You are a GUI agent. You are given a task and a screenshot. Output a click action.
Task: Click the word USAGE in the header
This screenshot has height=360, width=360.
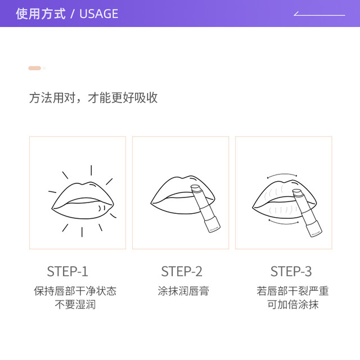coord(99,13)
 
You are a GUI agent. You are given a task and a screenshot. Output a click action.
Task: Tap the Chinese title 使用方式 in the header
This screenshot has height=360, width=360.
coord(40,13)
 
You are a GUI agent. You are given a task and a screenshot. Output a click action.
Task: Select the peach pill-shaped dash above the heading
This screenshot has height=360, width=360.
coord(35,68)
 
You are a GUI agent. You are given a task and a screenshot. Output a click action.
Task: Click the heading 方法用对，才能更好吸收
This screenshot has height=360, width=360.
coord(93,98)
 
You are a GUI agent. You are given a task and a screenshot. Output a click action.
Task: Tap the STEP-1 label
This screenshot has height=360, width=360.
coord(67,271)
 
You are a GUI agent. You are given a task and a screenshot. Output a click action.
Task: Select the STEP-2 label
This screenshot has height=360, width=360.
coord(182,271)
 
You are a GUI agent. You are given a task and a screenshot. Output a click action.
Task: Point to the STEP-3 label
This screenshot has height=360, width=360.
coord(291,271)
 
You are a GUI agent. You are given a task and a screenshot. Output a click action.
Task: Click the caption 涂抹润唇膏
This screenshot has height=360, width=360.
coord(183,291)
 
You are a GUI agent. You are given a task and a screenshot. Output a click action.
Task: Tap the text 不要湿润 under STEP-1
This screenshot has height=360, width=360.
coord(75,304)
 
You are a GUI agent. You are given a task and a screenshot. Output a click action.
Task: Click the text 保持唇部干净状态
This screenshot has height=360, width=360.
coord(75,291)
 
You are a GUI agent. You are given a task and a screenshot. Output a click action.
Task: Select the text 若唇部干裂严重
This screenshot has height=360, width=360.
coord(292,291)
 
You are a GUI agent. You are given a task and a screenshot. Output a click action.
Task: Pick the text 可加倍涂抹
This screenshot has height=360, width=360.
coord(292,304)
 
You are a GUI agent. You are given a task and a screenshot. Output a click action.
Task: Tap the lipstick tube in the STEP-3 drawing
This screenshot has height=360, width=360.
coord(307,213)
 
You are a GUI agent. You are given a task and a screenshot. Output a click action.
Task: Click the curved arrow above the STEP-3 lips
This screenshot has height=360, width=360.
coord(282,174)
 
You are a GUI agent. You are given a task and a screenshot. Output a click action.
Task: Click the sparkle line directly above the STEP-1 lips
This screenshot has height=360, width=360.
coord(91,170)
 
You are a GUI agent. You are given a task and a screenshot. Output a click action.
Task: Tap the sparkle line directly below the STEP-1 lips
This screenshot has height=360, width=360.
coord(82,232)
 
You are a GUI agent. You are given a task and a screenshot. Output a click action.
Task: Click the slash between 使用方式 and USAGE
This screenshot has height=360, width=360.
coord(73,13)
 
